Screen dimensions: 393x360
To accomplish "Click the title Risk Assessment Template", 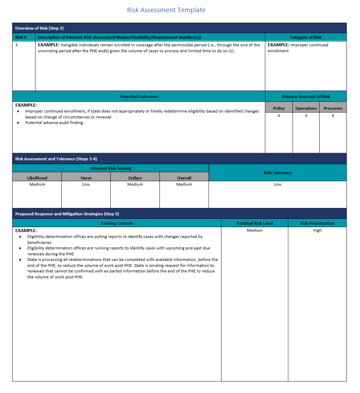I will point(166,10).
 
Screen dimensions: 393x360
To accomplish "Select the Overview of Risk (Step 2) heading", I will point(39,28).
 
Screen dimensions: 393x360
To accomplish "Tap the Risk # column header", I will point(21,38).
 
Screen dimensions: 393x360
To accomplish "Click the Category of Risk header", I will point(306,38).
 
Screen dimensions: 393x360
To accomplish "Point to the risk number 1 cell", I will point(16,45).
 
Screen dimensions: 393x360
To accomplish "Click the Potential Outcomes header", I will point(139,97).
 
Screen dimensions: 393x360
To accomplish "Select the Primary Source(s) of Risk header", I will point(306,97).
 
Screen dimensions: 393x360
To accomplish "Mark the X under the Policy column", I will point(279,116).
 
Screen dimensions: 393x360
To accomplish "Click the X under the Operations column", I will point(306,116).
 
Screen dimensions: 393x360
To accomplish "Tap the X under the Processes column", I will point(333,116).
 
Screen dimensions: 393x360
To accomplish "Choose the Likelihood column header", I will point(37,178).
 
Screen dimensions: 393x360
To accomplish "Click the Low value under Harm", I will point(86,185).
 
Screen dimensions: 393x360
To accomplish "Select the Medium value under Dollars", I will point(135,185).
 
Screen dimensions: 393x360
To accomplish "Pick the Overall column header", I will point(184,178).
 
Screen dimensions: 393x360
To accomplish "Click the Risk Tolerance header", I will point(278,173).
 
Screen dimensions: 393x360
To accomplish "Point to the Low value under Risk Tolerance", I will point(278,185).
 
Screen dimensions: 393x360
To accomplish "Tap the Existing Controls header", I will point(117,223).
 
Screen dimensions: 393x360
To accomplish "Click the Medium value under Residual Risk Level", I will point(255,231).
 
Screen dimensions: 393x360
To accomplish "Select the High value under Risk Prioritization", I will point(317,231).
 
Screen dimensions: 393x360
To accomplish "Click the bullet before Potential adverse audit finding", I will point(19,123).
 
